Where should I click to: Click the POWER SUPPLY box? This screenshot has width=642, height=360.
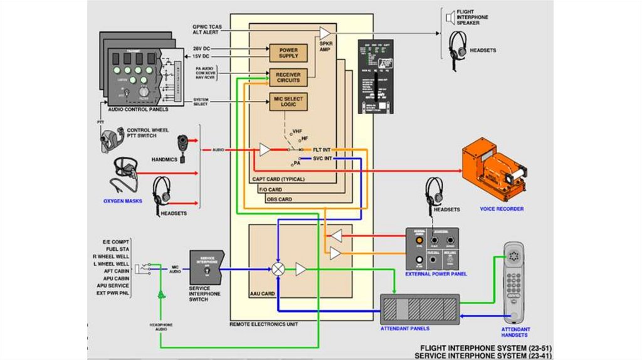coord(288,53)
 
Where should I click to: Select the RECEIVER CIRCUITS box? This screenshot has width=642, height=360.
coord(288,77)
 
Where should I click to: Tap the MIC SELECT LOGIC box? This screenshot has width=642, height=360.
coord(288,102)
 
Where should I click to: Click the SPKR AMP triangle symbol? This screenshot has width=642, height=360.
coord(325,33)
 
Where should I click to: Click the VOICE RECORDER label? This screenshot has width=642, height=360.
coord(502,209)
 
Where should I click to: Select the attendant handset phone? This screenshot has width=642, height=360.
coord(515,282)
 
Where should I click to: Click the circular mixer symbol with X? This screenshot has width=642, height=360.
coord(278,269)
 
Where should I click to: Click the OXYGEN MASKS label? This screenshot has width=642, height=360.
coord(123,201)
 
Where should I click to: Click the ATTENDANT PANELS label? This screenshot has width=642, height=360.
coord(405,329)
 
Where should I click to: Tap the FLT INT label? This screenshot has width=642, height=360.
coord(322,150)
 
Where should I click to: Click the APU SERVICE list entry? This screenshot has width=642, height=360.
coord(113,285)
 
